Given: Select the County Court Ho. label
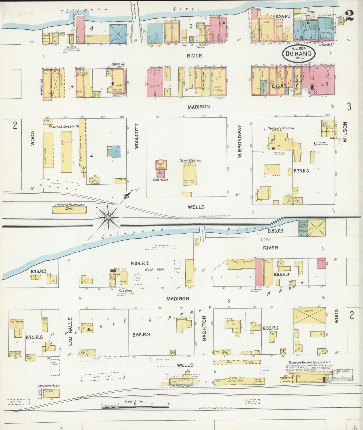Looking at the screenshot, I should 190,160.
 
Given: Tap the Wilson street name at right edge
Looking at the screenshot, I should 345,132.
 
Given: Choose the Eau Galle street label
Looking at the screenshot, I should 71,331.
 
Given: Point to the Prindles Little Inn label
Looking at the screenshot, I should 281,128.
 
